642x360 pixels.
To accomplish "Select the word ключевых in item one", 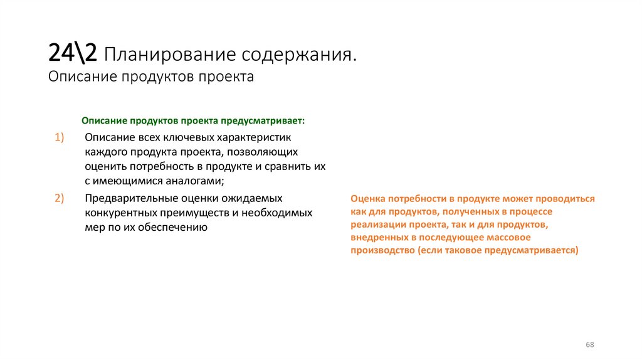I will point(189,137).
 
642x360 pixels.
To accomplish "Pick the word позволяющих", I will point(262,152).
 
